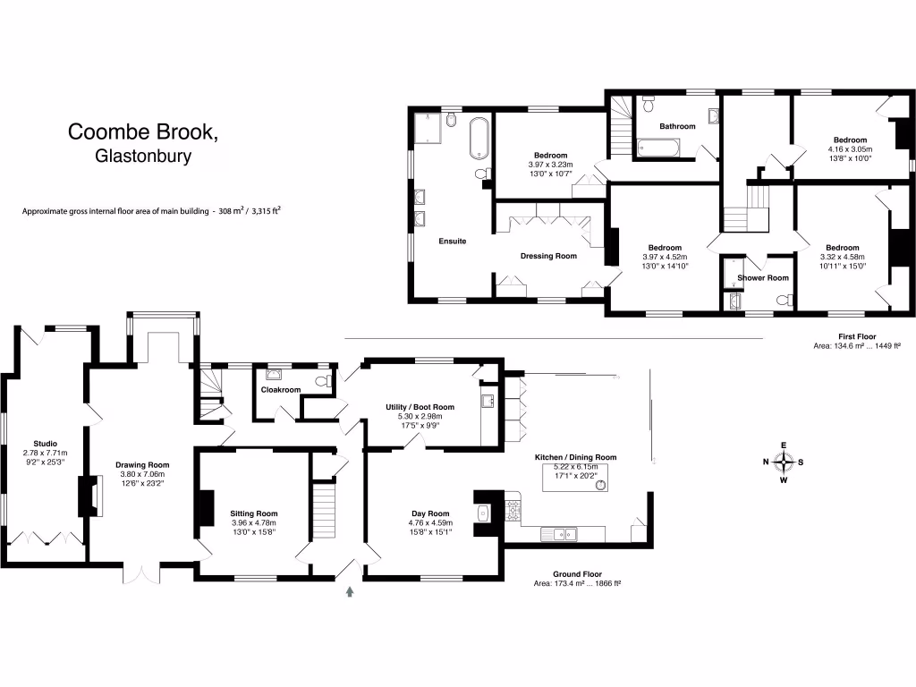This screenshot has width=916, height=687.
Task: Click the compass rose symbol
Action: pos(784,462)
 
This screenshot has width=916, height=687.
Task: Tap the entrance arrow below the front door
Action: pos(350,590)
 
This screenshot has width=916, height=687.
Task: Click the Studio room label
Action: pos(46,444)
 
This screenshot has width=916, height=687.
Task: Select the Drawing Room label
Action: pos(142,465)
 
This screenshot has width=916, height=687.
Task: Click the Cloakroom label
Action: pos(280,390)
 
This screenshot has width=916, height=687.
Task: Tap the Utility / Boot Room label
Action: pos(420,407)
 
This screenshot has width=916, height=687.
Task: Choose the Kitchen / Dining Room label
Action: pos(575,457)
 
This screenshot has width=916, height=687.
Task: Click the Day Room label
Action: pos(429,513)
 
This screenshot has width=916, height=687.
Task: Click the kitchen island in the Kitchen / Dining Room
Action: pos(576,480)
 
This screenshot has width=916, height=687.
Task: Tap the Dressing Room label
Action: pos(548,256)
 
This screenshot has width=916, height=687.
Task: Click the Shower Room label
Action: pos(762,277)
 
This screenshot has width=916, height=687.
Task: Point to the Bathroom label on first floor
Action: pos(677,126)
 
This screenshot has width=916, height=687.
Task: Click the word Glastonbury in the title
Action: pos(143,156)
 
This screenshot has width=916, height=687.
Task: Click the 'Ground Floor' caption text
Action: pos(577,574)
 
